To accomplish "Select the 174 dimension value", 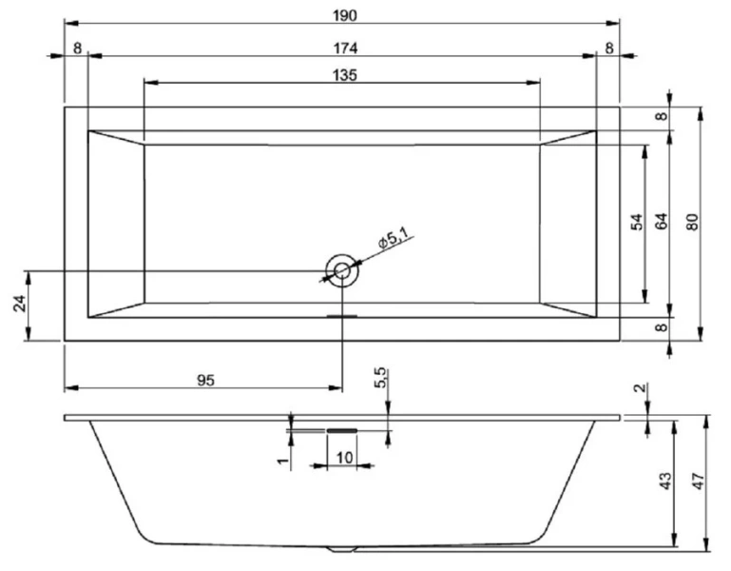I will [345, 48].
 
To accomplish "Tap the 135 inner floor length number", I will [345, 76].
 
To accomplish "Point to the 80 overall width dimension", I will [693, 222].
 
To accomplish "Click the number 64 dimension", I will [663, 222].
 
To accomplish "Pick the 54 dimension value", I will [638, 222].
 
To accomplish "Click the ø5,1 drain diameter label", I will [393, 241].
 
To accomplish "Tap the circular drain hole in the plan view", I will [340, 271].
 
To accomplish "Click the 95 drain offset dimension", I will [205, 380].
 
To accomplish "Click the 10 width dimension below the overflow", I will [342, 458].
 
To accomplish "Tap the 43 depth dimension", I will [664, 481].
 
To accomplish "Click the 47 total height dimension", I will [697, 481].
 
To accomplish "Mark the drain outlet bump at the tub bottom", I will [341, 549].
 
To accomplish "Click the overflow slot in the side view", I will [341, 429].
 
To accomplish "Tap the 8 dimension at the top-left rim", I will [76, 48].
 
